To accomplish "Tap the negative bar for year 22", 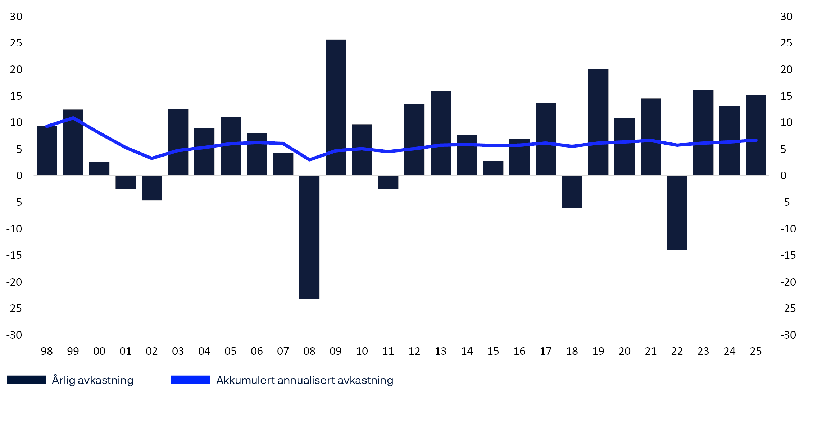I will pos(677,212).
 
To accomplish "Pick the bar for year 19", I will pos(598,122).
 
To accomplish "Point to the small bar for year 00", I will pos(99,169).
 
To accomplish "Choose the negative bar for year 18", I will pos(572,191).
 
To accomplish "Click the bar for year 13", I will pos(440,133).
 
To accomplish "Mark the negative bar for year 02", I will pos(151,188).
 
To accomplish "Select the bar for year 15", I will pos(493,168).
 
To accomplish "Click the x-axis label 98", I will pos(46,351).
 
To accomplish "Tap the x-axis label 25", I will pos(755,351).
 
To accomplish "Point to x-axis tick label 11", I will pos(388,351).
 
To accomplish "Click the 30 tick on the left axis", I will pos(16,17).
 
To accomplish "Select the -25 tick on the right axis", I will pos(787,308).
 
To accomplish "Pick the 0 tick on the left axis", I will pos(19,176).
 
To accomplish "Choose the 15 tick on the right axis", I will pos(786,96).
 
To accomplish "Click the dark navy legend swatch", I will pos(27,380).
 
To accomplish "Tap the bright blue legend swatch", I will pos(190,380).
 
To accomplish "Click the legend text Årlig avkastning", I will pos(92,380).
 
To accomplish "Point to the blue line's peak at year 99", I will pos(73,118).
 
